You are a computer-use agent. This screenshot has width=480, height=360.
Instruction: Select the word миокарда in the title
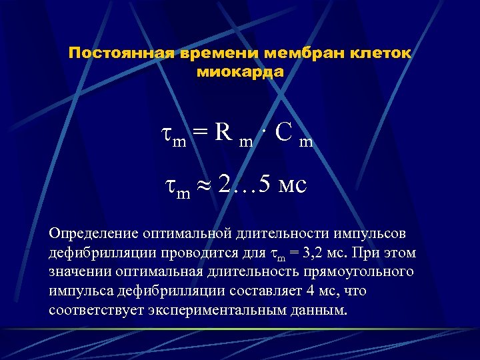click(x=241, y=71)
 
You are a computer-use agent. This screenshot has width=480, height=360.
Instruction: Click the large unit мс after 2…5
click(x=293, y=185)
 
